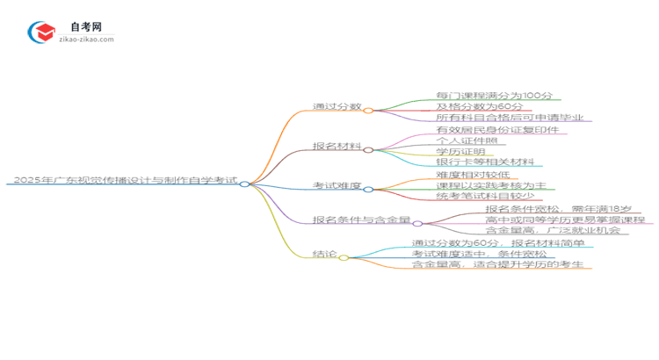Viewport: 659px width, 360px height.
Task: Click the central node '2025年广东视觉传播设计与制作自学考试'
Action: tap(123, 180)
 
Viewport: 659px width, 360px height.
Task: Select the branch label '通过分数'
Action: tap(337, 106)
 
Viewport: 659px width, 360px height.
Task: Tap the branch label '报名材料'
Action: tap(337, 146)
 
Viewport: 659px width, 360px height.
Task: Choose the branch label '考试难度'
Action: tap(337, 185)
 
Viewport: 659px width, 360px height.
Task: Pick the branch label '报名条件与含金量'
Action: tap(360, 220)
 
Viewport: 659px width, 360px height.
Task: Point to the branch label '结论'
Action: tap(324, 254)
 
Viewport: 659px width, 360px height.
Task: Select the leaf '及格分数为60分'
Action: tap(473, 106)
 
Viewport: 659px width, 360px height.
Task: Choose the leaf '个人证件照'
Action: tap(466, 140)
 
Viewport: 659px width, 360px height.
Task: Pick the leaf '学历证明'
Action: tap(460, 151)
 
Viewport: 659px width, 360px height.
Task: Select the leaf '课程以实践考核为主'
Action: tap(491, 185)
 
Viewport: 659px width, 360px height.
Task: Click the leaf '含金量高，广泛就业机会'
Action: tap(552, 231)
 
